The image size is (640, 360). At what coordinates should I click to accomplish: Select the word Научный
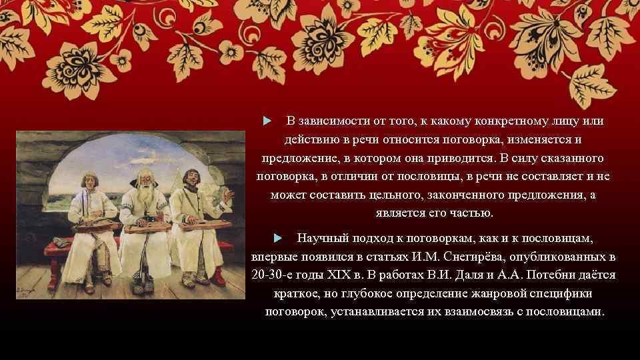point(319,237)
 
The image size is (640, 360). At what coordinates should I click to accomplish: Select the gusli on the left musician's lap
point(94,227)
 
